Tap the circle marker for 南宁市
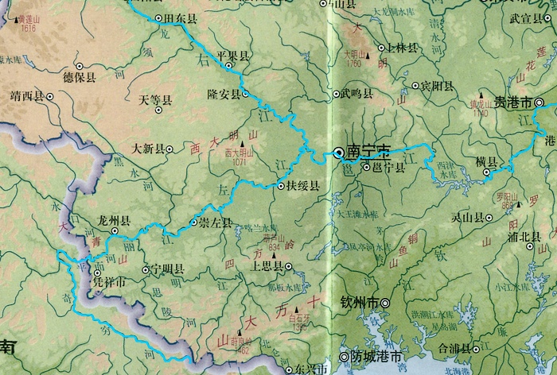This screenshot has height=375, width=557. tap(338, 151)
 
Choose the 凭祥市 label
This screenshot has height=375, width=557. tap(110, 282)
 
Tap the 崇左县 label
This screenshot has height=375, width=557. tap(216, 224)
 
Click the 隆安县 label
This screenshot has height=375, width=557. tap(223, 95)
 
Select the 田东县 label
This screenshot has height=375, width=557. tap(180, 17)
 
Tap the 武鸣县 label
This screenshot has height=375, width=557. tap(356, 94)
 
